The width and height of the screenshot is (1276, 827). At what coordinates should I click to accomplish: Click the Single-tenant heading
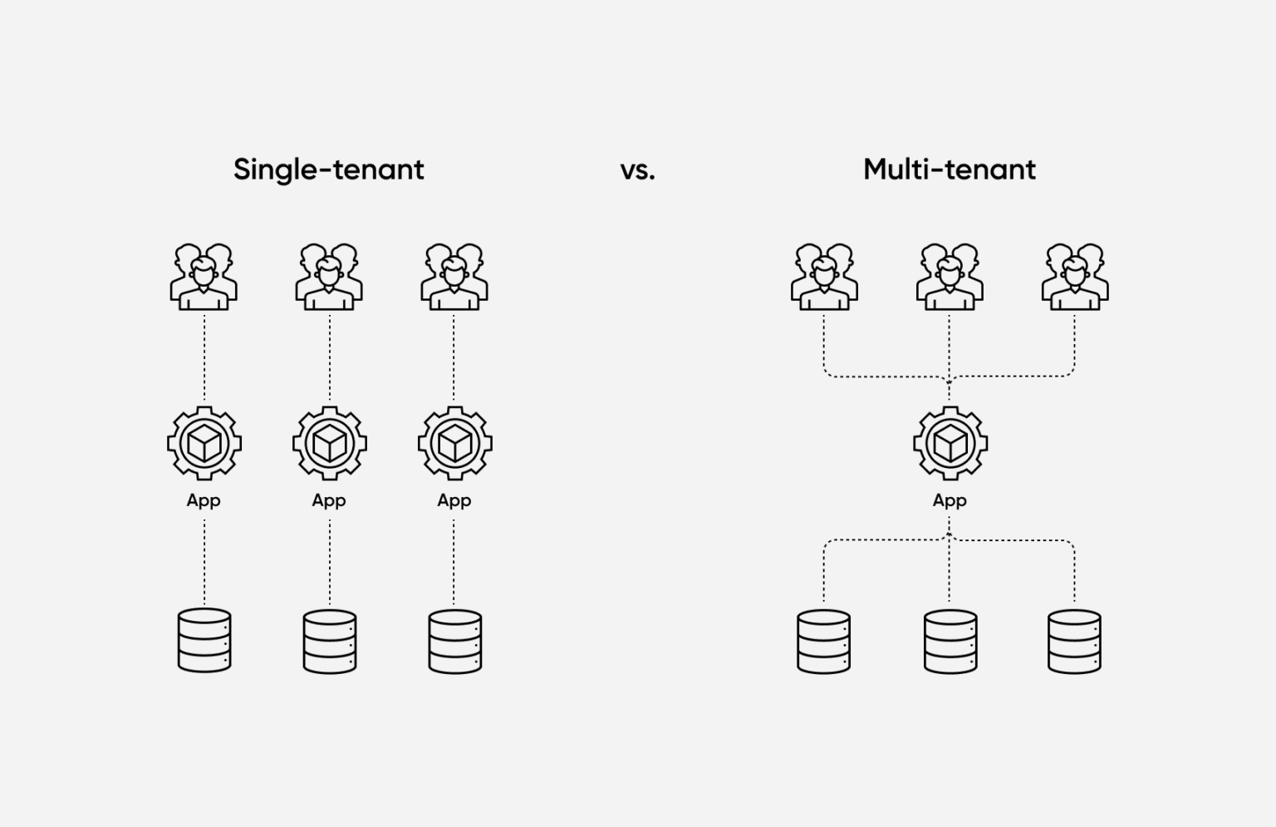(x=328, y=170)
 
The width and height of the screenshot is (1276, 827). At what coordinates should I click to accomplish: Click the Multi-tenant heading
(x=949, y=170)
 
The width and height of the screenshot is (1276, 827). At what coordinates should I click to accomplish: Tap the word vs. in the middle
(x=637, y=170)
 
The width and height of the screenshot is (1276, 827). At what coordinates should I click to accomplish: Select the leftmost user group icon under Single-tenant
(x=204, y=277)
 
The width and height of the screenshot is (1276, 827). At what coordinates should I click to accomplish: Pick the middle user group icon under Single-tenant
(x=329, y=277)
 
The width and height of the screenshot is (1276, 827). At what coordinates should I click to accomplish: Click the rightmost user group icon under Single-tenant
(x=454, y=277)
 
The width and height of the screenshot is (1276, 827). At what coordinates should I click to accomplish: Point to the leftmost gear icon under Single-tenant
(x=204, y=443)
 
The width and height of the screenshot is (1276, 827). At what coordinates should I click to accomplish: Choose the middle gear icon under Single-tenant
(x=330, y=443)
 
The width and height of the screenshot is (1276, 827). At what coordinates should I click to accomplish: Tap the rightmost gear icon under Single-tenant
(x=454, y=443)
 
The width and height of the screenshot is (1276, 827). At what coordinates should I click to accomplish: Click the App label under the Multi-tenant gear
(x=950, y=500)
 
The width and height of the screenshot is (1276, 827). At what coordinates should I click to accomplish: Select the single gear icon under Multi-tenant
(x=950, y=443)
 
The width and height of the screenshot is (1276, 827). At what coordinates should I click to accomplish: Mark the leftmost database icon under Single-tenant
(x=204, y=641)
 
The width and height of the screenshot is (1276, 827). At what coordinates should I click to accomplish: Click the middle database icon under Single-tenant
(x=330, y=641)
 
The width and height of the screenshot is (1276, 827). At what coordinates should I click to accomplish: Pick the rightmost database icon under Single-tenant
(x=454, y=641)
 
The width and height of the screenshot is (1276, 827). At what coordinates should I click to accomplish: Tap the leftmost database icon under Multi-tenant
(x=823, y=641)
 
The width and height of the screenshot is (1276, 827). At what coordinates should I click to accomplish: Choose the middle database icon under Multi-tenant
(x=950, y=641)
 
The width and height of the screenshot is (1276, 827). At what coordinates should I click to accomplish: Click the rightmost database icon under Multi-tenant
(x=1074, y=641)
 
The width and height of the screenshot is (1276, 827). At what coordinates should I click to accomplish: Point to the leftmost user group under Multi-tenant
(x=824, y=277)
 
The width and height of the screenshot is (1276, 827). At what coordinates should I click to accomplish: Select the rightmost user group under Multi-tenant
(x=1075, y=277)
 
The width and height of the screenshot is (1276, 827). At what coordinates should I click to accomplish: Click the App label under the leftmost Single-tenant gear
(x=204, y=500)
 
